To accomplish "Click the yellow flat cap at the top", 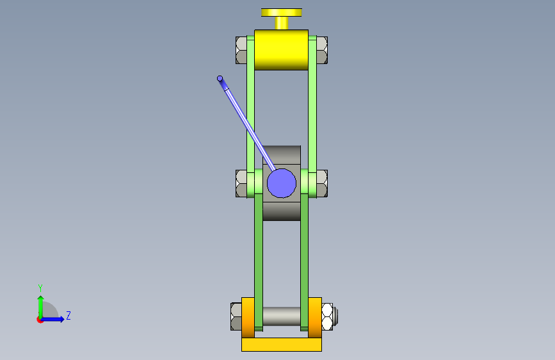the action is [x=282, y=12].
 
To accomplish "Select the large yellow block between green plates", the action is [x=282, y=49].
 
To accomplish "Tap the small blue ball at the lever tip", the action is [x=220, y=78].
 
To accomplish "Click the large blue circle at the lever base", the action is [x=282, y=183].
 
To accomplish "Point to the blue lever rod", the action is [x=248, y=125].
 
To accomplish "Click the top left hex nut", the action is [x=241, y=51].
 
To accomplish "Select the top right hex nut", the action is [x=322, y=51].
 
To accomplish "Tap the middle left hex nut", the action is [x=241, y=184].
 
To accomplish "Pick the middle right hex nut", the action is [x=322, y=184].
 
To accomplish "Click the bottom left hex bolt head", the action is [x=236, y=316].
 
